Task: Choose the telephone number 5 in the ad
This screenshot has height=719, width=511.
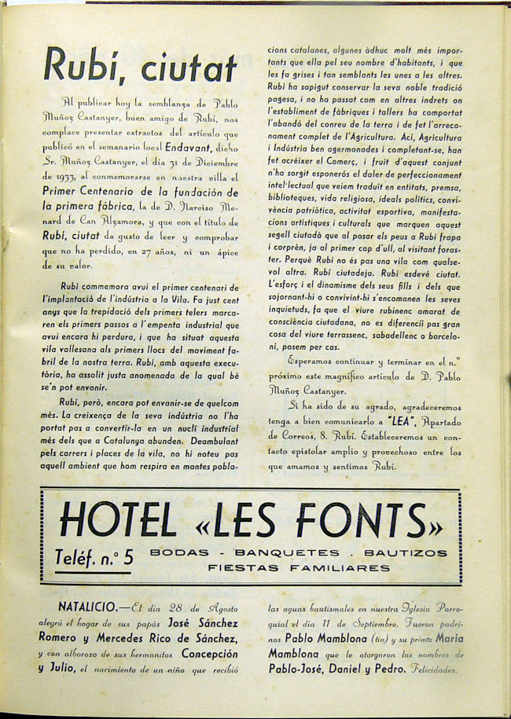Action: click(128, 558)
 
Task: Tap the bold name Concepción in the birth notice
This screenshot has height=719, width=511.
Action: click(209, 654)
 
